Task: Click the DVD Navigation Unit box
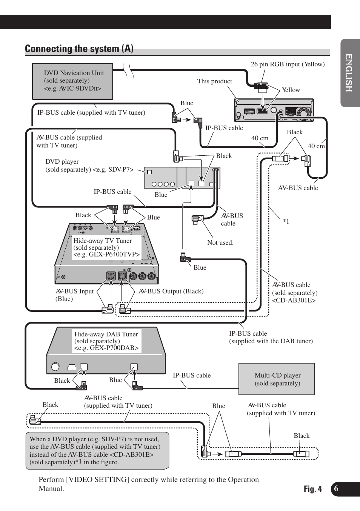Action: click(72, 81)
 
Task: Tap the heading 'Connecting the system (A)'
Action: click(79, 49)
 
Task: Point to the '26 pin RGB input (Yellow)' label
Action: click(288, 64)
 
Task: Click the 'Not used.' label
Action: click(220, 242)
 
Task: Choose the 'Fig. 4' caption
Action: click(313, 489)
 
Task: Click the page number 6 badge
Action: click(336, 489)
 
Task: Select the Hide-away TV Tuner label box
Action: click(106, 247)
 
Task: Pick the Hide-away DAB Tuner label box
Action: click(106, 341)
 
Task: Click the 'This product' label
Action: click(215, 81)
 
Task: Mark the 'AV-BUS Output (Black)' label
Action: click(171, 291)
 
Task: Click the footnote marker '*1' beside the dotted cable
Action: click(286, 221)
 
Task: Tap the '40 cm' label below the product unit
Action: click(260, 138)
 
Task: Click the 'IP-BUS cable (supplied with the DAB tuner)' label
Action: click(271, 337)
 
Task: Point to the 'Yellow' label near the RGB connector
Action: click(291, 90)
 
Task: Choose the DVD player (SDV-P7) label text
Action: click(89, 166)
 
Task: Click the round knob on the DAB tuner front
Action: click(55, 366)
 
